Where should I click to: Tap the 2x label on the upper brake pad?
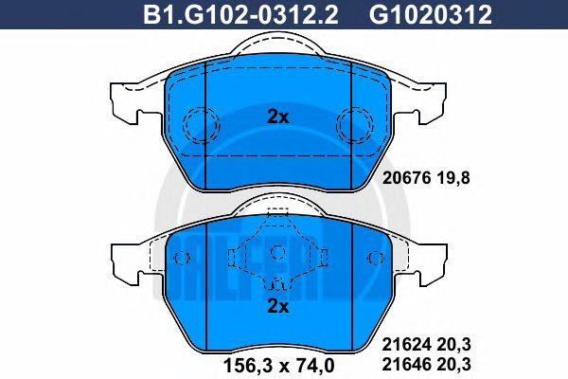click(276, 117)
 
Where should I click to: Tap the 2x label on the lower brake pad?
click(276, 305)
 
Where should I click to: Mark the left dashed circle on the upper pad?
click(200, 122)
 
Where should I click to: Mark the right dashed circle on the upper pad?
click(354, 122)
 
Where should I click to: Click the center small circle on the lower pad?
click(276, 251)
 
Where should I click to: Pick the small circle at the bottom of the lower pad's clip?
click(276, 283)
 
